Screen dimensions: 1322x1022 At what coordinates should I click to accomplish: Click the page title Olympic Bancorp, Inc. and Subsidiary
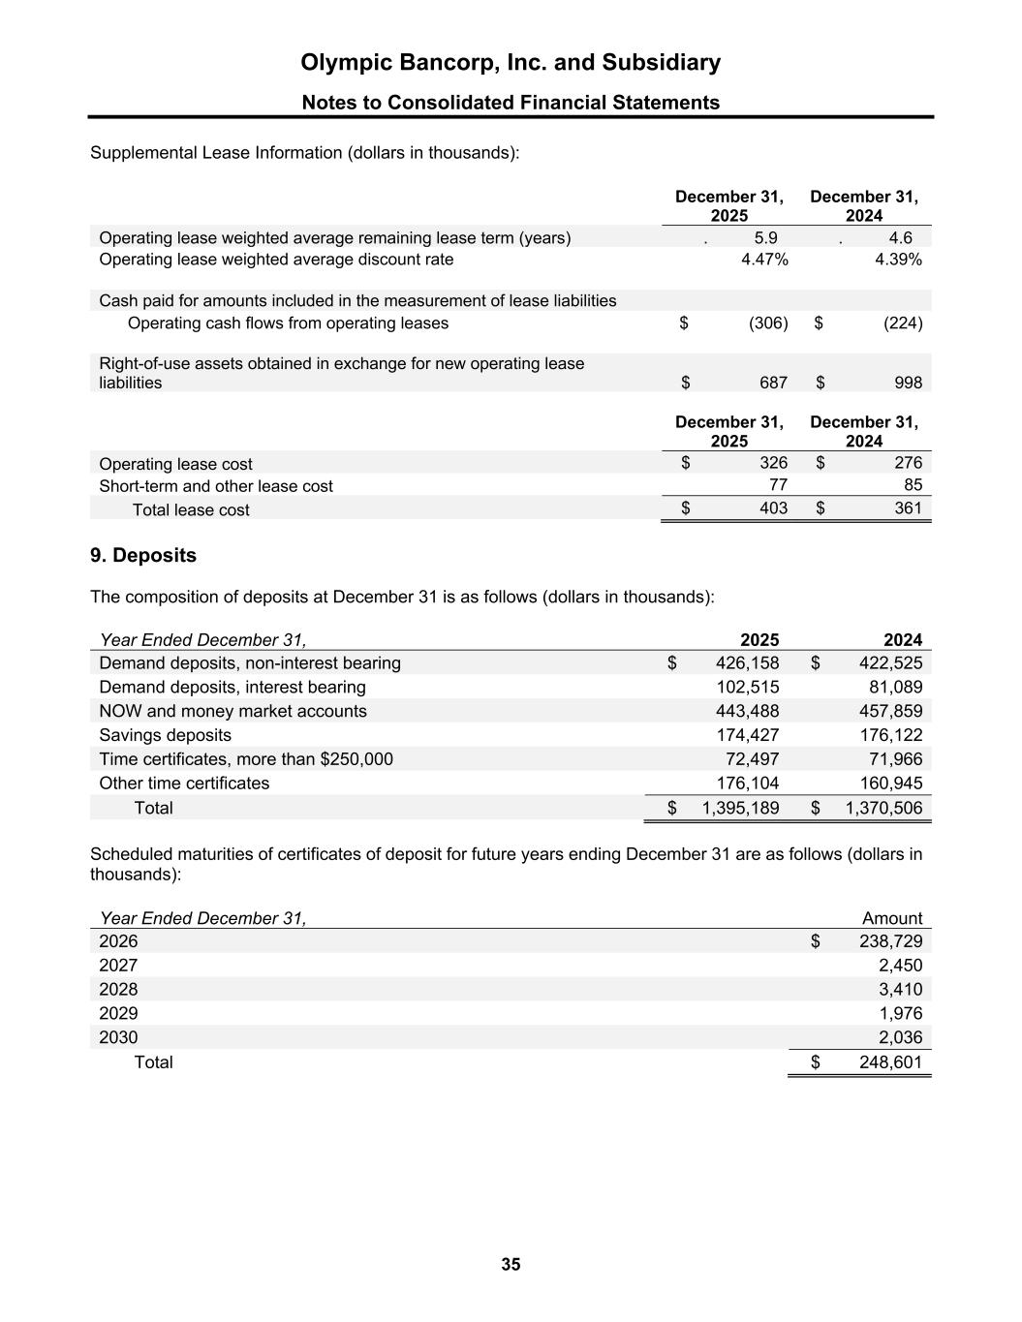coord(511,63)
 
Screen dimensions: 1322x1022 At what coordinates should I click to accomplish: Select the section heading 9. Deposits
coord(143,555)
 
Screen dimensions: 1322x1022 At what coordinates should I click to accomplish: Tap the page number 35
coord(511,1264)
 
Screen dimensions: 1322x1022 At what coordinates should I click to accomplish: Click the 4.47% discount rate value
coord(764,260)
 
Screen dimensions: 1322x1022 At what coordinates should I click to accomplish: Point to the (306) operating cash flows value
coord(768,323)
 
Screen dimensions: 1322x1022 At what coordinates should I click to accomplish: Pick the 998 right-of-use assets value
coord(908,383)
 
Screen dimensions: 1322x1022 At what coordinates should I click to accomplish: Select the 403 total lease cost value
coord(773,507)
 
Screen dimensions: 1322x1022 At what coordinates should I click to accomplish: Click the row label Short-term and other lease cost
coord(216,486)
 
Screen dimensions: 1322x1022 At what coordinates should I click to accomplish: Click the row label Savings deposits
coord(166,735)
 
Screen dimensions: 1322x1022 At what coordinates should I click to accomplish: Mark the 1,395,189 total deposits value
coord(740,808)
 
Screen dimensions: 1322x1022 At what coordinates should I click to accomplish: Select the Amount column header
coord(892,918)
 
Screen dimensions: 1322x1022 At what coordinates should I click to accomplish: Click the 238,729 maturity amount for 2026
coord(890,941)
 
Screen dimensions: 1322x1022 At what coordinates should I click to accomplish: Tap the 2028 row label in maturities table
coord(118,990)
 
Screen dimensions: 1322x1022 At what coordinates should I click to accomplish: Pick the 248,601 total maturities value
coord(890,1061)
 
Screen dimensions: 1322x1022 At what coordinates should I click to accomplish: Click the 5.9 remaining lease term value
coord(765,237)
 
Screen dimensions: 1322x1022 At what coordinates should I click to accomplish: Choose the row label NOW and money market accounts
coord(232,711)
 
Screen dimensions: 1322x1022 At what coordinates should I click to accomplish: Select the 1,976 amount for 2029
coord(899,1013)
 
